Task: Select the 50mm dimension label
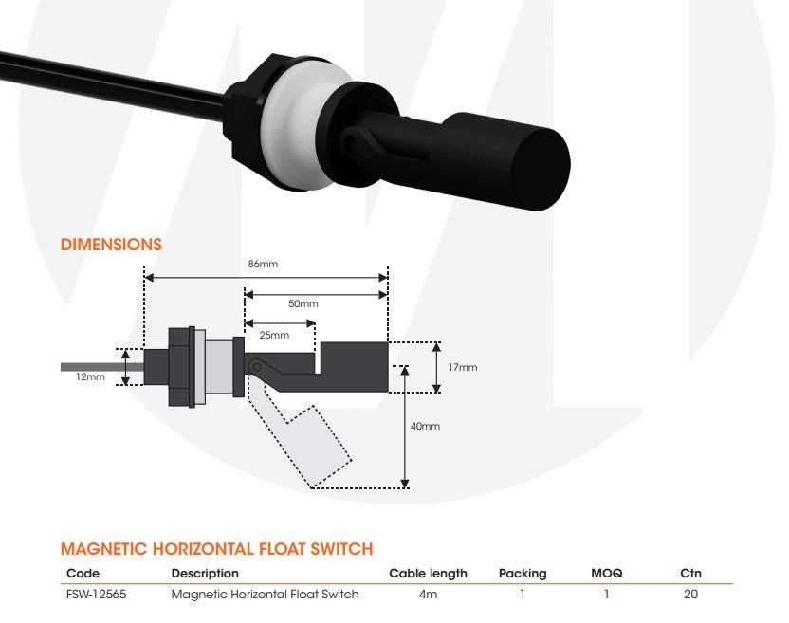(x=303, y=304)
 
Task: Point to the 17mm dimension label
(x=463, y=367)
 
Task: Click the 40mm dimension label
(x=425, y=427)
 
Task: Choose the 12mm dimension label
(x=91, y=376)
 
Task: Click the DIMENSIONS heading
(x=111, y=245)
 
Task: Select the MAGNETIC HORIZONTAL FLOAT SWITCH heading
(x=216, y=549)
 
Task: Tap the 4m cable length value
(x=428, y=595)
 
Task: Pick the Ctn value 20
(x=690, y=595)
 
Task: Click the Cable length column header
(x=428, y=574)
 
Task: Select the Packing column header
(x=523, y=574)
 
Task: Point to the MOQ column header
(x=606, y=574)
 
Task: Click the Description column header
(x=205, y=574)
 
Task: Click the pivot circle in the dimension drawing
(x=253, y=366)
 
